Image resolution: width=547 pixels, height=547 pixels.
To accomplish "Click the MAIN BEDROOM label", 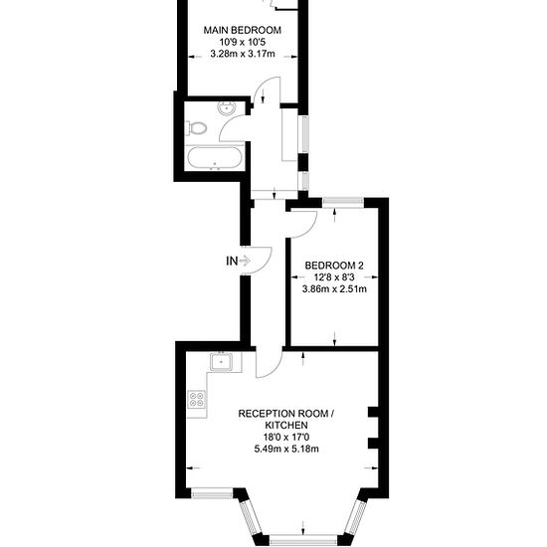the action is (x=242, y=30).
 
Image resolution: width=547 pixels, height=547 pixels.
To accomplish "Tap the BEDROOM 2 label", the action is (x=334, y=266).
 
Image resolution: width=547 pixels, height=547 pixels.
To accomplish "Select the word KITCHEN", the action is (x=286, y=426).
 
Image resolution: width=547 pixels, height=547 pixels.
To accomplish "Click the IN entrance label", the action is (x=232, y=261).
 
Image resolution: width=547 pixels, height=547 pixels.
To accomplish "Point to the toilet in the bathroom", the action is (x=196, y=127).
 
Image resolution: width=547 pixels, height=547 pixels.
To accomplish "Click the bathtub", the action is (x=214, y=158).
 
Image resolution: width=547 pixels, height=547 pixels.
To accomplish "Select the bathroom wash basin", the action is (x=227, y=107).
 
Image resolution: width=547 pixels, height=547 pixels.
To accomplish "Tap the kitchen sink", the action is (x=221, y=361).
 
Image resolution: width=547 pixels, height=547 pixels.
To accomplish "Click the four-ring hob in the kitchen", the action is (x=196, y=399).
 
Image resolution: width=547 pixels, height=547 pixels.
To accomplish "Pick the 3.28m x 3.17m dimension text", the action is (x=243, y=54).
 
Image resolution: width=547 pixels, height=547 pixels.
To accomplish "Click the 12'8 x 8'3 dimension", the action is (x=334, y=277).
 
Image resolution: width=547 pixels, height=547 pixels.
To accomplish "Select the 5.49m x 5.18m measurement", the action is (x=286, y=449).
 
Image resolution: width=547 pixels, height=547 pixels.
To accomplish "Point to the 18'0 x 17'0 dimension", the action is (x=286, y=437).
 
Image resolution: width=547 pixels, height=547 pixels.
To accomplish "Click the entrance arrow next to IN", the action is (x=245, y=261).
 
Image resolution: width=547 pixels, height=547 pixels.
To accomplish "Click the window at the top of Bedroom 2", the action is (x=343, y=202).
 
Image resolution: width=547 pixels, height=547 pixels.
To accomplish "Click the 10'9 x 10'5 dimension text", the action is (x=243, y=42).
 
